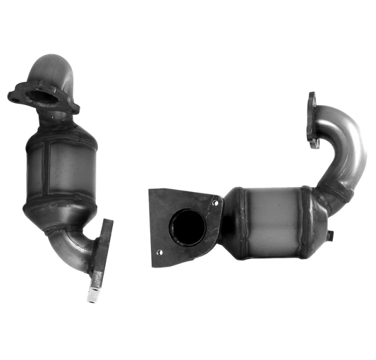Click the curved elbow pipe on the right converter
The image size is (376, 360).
[349, 155]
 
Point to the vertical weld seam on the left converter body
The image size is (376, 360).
[45, 166]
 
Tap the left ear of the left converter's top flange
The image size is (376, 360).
[16, 95]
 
